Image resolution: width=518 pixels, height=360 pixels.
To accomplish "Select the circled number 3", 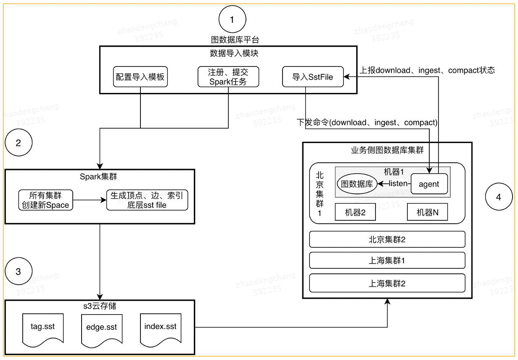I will pos(18,271).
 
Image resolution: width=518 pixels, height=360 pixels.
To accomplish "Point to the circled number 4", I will pos(499,197).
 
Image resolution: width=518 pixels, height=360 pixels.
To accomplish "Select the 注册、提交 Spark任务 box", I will pos(228,77).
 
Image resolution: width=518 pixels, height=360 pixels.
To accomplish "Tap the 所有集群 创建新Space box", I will pos(46,200).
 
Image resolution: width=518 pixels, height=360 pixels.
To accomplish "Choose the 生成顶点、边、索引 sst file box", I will pos(146,200).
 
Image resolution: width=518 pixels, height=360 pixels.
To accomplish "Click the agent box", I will pos(429,184).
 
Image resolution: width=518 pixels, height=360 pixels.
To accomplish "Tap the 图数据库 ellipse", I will pos(357,184).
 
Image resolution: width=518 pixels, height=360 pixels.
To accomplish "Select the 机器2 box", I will pos(355,213).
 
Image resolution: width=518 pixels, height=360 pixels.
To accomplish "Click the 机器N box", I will pos(428,213).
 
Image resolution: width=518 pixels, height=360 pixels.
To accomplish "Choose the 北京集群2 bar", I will pos(387,239).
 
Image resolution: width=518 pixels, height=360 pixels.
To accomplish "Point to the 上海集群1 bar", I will pos(387,260).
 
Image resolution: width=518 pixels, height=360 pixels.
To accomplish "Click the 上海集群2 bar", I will pos(387,283).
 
